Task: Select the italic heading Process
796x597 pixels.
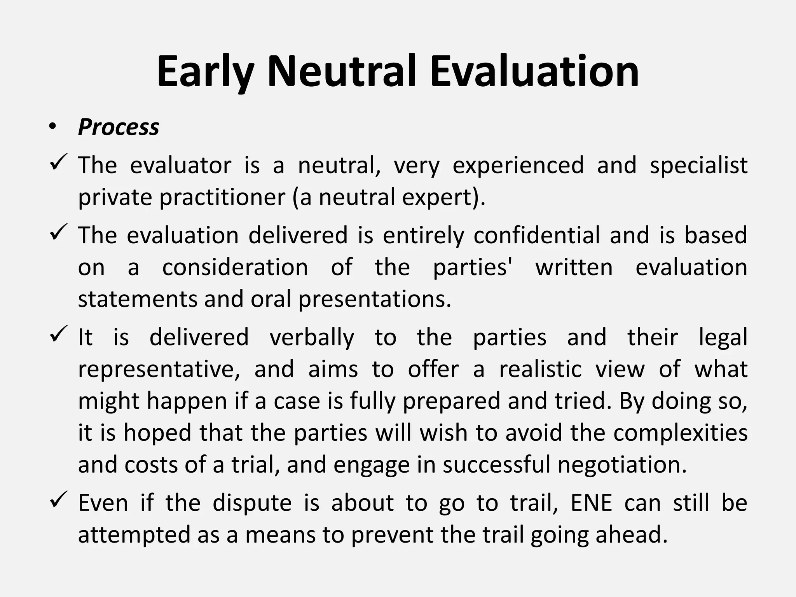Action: click(119, 127)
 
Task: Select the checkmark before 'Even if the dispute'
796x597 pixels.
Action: click(59, 499)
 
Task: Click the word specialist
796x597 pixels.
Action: click(698, 166)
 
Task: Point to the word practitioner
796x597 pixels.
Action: click(223, 197)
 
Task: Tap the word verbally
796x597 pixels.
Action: click(312, 338)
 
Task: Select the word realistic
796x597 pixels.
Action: click(540, 370)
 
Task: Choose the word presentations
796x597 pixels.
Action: click(375, 300)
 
